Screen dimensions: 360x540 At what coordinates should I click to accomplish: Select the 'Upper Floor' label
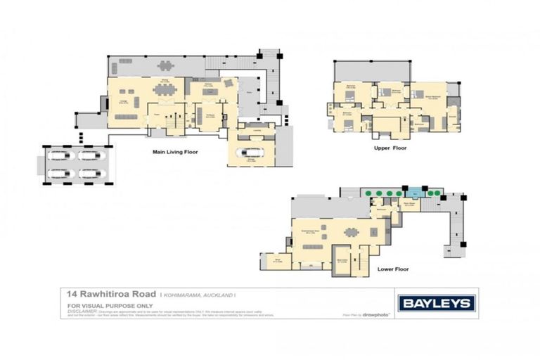click(391, 148)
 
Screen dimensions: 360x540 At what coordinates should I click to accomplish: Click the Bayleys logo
click(437, 304)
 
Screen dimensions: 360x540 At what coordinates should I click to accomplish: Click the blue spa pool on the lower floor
click(414, 191)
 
